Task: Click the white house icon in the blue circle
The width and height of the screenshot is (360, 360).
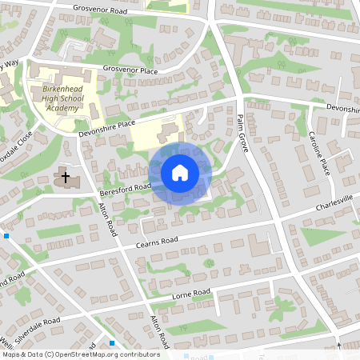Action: pos(179,172)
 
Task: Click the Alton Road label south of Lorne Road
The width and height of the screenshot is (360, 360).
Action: pos(160,330)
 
